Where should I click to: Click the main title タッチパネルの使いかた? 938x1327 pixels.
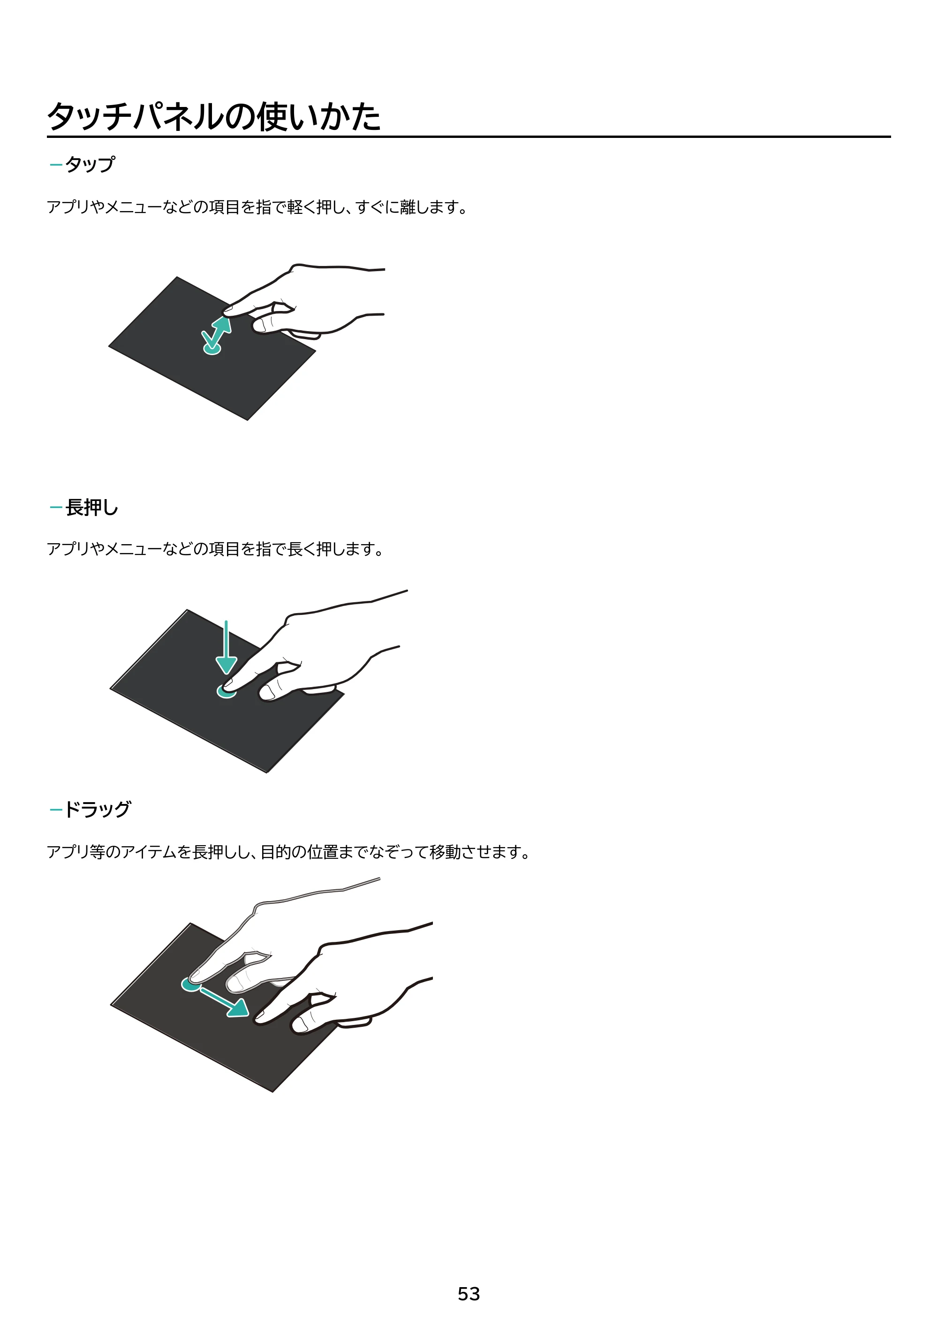[214, 116]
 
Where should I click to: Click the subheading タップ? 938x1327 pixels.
[90, 164]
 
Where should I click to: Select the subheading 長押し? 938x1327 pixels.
[92, 508]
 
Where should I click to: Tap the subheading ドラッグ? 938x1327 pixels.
[98, 809]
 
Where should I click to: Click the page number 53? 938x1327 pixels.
[469, 1294]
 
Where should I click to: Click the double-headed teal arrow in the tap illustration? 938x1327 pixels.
[217, 334]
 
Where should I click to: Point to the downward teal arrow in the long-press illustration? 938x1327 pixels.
[226, 647]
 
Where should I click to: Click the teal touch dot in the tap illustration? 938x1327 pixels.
[212, 349]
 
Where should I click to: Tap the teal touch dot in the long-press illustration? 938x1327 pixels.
[226, 691]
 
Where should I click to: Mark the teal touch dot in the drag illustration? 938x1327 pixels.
[191, 984]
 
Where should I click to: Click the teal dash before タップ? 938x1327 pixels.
[56, 165]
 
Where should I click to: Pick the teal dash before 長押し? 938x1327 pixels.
[56, 508]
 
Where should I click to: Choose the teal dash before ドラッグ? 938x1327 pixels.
[56, 810]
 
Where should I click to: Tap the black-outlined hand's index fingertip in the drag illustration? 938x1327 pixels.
[259, 1018]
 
